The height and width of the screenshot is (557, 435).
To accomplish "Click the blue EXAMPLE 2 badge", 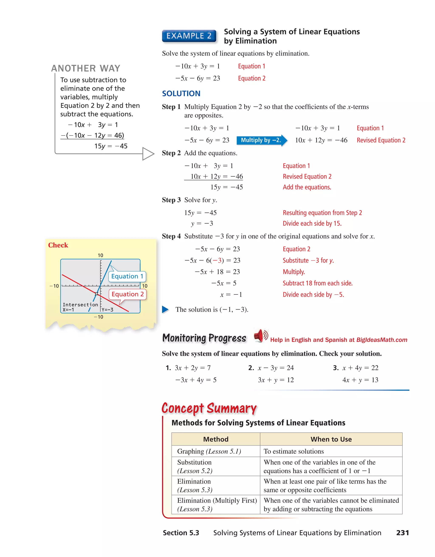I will click(x=189, y=36).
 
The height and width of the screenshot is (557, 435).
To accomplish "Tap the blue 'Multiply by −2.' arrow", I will click(x=261, y=140).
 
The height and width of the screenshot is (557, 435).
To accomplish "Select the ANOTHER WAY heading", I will click(x=86, y=68).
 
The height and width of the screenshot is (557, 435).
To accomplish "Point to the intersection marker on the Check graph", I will click(x=96, y=294).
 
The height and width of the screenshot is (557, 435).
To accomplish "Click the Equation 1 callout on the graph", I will click(x=127, y=276).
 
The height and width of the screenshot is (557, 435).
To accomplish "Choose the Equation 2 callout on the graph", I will click(x=127, y=294).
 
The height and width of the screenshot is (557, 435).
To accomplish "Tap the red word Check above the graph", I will click(x=58, y=245).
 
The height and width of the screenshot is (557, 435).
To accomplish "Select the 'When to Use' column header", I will click(x=331, y=439).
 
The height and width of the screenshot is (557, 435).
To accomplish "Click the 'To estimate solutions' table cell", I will click(x=294, y=451).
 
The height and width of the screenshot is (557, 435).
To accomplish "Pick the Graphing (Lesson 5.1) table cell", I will click(x=209, y=451).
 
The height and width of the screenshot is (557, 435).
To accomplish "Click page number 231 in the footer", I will click(x=402, y=533).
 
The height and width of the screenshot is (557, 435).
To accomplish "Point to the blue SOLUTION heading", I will click(x=181, y=94).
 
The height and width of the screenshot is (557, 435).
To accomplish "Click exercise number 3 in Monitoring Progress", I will click(x=336, y=368).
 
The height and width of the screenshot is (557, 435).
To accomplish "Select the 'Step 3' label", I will click(x=171, y=200).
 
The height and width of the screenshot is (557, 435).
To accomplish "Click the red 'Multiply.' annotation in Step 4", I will click(x=294, y=272).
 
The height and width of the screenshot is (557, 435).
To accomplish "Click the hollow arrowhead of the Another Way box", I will click(x=148, y=154).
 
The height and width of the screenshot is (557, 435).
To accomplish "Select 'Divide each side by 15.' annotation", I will click(x=312, y=223).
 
